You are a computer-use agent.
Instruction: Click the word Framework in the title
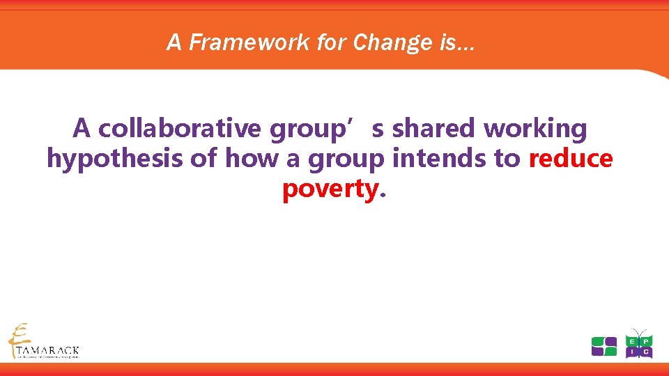(x=232, y=43)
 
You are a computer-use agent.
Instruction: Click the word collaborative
(x=180, y=129)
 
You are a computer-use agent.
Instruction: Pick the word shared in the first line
(x=434, y=129)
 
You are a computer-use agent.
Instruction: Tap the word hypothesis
(x=116, y=159)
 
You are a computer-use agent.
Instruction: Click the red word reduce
(x=571, y=159)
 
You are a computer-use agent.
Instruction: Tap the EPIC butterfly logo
(x=638, y=344)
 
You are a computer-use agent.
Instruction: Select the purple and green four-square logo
(x=603, y=346)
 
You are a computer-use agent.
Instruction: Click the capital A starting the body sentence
(x=82, y=129)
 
